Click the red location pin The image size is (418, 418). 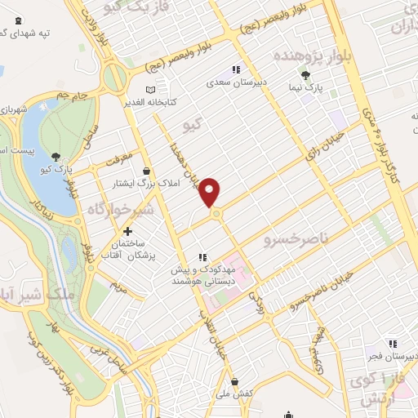[x=211, y=191]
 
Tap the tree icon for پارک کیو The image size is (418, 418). [x=55, y=157]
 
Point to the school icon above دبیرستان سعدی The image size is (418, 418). [x=237, y=70]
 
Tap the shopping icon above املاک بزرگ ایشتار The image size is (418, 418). [x=146, y=170]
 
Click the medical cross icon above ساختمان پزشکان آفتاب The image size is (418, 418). [x=126, y=232]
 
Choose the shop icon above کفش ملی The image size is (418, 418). [x=235, y=381]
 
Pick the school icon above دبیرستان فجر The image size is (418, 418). [x=393, y=344]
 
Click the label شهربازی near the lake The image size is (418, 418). [x=14, y=107]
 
